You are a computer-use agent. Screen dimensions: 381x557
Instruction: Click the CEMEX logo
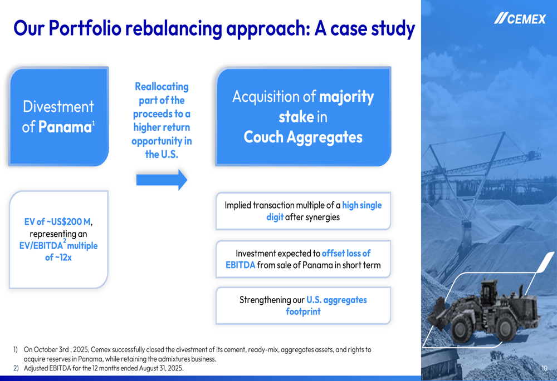[x=520, y=19]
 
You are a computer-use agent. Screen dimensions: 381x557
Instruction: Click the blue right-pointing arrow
[x=162, y=180]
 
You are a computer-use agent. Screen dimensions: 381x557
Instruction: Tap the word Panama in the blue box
[x=65, y=127]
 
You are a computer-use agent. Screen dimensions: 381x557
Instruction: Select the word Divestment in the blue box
[x=58, y=106]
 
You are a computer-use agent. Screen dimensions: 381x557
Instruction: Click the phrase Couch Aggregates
[x=303, y=137]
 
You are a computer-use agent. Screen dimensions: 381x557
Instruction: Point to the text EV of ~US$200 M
[x=57, y=222]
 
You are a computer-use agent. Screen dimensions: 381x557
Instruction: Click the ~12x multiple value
[x=58, y=258]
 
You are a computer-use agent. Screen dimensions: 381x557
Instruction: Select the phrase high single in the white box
[x=361, y=205]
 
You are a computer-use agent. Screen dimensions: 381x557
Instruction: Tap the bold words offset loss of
[x=346, y=253]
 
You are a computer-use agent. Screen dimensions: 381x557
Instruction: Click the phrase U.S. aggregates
[x=336, y=300]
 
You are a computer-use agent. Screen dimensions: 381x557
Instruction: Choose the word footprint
[x=303, y=311]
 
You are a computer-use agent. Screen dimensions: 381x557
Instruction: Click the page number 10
[x=544, y=369]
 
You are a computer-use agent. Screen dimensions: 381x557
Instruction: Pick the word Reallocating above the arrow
[x=162, y=87]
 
